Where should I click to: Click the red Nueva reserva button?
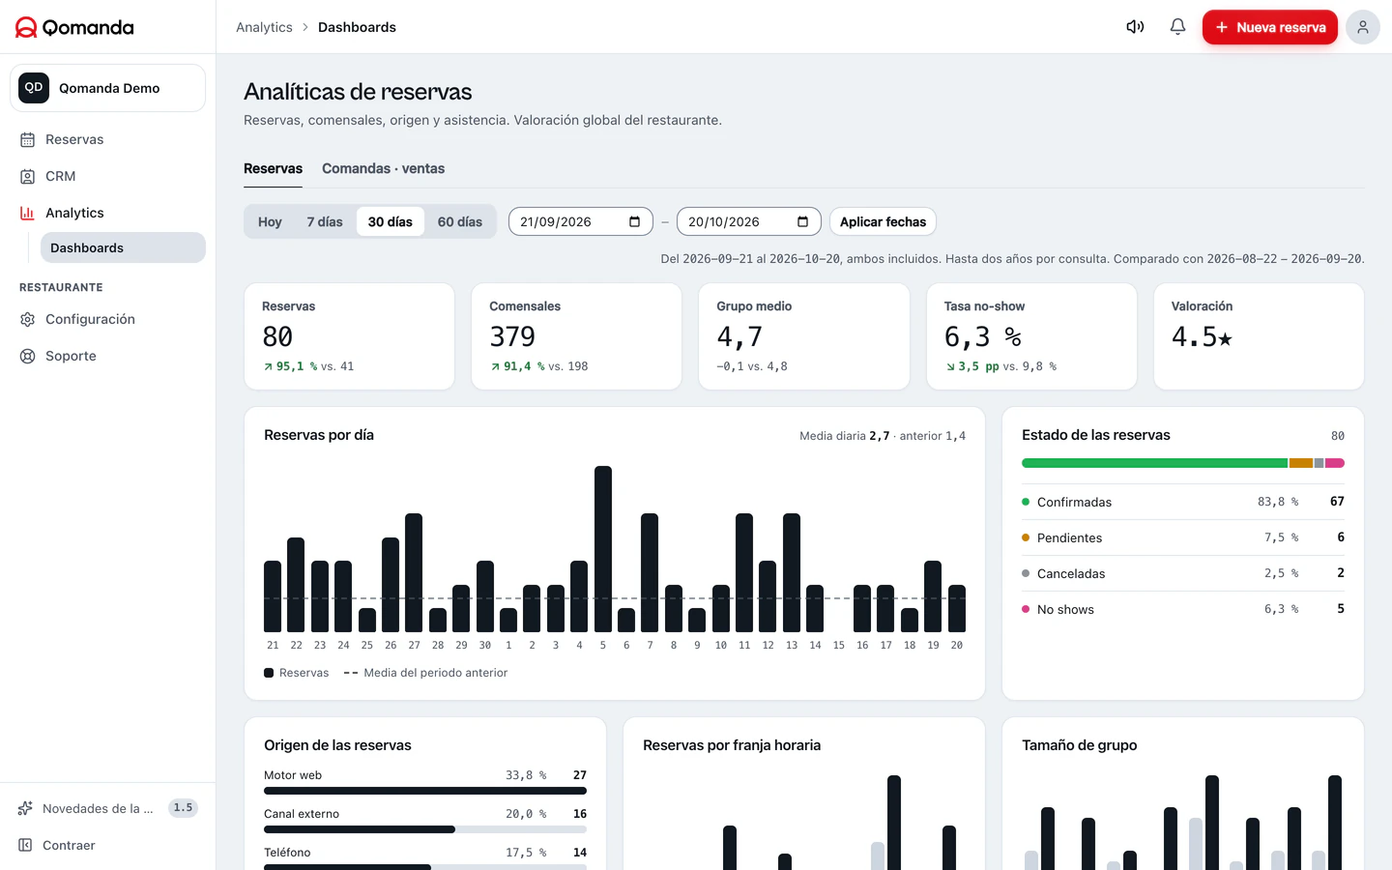click(1269, 27)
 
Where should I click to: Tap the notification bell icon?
click(1177, 27)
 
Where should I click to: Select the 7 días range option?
click(325, 222)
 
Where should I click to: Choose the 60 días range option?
click(460, 222)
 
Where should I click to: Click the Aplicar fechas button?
click(883, 222)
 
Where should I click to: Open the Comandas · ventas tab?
click(383, 168)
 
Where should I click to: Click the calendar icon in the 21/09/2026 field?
click(634, 222)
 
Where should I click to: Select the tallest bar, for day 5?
click(603, 549)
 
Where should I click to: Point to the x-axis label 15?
click(838, 645)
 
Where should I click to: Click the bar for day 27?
click(414, 572)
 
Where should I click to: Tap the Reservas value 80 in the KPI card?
click(277, 336)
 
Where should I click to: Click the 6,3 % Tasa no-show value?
click(982, 336)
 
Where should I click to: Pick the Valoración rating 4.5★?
click(1202, 336)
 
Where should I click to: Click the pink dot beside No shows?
click(1026, 609)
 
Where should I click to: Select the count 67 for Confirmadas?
click(1337, 502)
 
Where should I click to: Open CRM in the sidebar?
click(60, 177)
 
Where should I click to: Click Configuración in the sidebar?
click(90, 319)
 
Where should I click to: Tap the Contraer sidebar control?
click(69, 845)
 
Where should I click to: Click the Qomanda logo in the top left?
click(74, 27)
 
